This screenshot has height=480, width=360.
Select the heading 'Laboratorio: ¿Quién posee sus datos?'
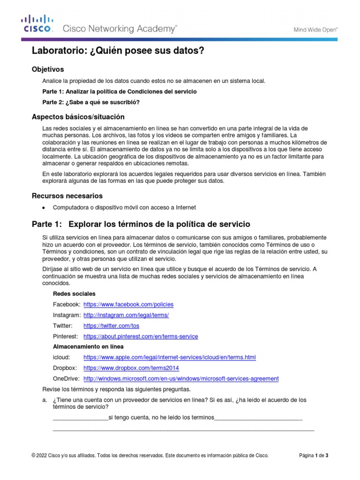pyautogui.click(x=118, y=51)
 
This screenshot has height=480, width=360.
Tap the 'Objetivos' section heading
pyautogui.click(x=47, y=69)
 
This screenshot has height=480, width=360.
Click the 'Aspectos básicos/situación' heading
pyautogui.click(x=78, y=116)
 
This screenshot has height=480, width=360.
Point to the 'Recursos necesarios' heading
pyautogui.click(x=67, y=195)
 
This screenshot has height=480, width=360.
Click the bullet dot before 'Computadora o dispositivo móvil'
pyautogui.click(x=44, y=208)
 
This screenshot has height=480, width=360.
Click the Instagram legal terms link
pyautogui.click(x=126, y=315)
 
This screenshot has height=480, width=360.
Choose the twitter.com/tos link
pyautogui.click(x=111, y=326)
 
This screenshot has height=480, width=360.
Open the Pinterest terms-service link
pyautogui.click(x=141, y=337)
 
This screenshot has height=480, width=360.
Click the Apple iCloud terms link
pyautogui.click(x=169, y=358)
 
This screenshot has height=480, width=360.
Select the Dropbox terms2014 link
pyautogui.click(x=131, y=368)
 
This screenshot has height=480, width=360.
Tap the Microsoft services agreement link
pyautogui.click(x=180, y=378)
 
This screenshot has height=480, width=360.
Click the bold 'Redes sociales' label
pyautogui.click(x=74, y=294)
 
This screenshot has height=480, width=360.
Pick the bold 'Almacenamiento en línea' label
pyautogui.click(x=88, y=347)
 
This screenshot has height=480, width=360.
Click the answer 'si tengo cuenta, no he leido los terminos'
pyautogui.click(x=161, y=418)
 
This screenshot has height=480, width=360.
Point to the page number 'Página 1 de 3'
pyautogui.click(x=314, y=455)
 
